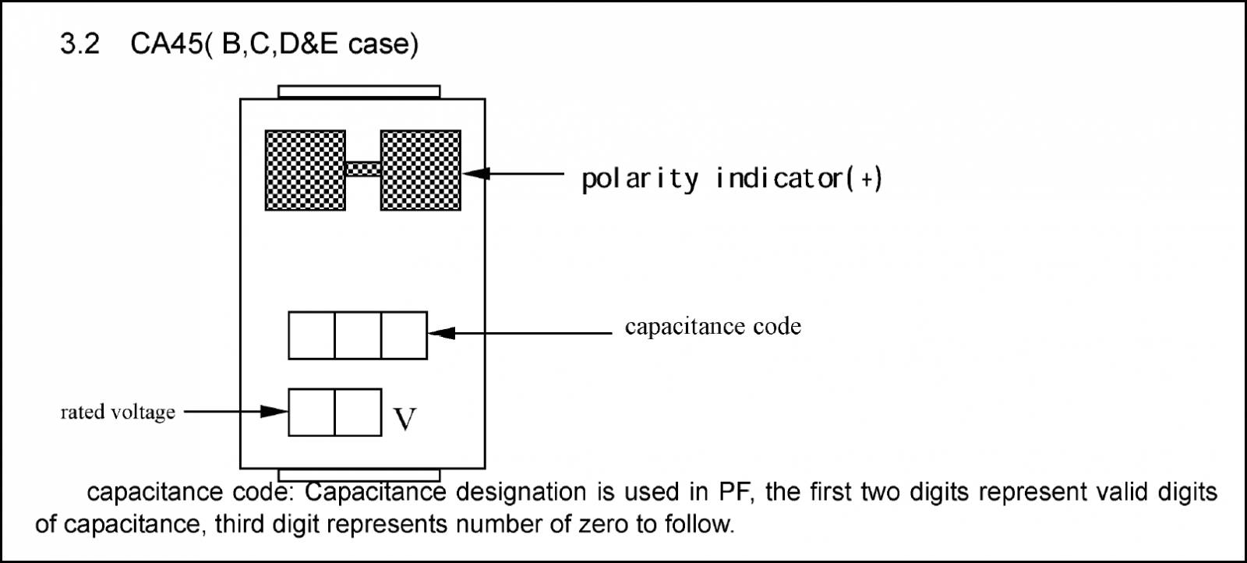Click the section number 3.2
tap(80, 44)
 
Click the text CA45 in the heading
tap(167, 44)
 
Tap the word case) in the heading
tap(383, 44)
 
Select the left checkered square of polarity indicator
tap(305, 171)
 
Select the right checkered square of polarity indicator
tap(420, 171)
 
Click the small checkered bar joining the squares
tap(363, 168)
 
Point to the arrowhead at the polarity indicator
tap(476, 174)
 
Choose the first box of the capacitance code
tap(312, 335)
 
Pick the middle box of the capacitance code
tap(358, 335)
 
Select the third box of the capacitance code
tap(404, 335)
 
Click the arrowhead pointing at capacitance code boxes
tap(442, 333)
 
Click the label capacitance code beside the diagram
tap(713, 327)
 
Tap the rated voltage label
tap(118, 413)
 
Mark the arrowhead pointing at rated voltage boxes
tap(274, 412)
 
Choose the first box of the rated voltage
tap(312, 412)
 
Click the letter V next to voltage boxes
tap(404, 419)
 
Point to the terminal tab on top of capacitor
tap(359, 92)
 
